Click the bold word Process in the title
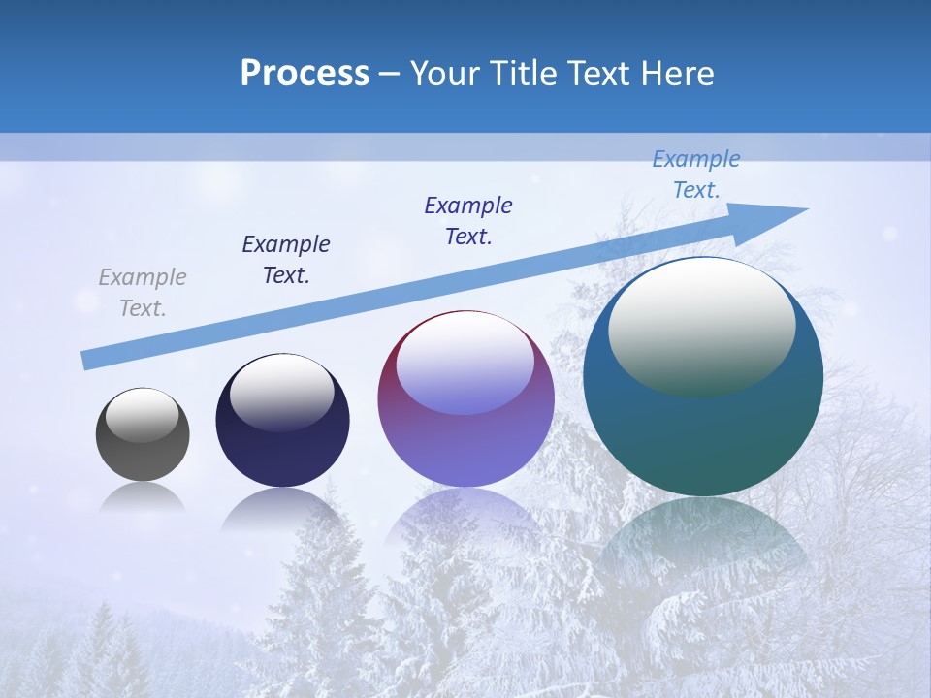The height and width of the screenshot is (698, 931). (x=305, y=74)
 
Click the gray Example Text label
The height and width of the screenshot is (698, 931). (x=143, y=293)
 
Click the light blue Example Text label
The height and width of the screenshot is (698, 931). (x=696, y=174)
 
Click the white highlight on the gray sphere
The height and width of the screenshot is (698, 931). (x=143, y=415)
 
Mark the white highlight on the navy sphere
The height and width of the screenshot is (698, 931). (x=281, y=393)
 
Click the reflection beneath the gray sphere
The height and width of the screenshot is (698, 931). (x=143, y=498)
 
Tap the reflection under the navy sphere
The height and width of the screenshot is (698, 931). (x=282, y=510)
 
